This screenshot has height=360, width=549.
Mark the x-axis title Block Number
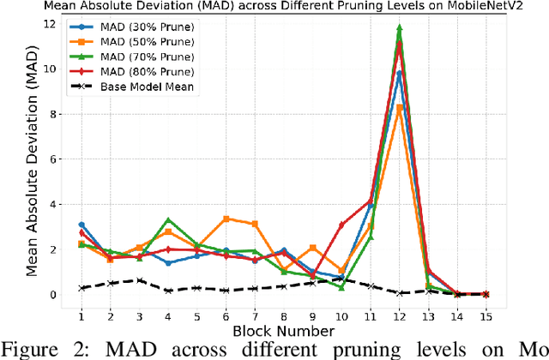(x=283, y=331)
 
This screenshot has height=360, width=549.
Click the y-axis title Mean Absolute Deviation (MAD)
(x=32, y=159)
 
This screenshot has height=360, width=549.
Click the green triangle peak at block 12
(x=399, y=27)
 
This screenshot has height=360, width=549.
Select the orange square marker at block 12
(x=399, y=107)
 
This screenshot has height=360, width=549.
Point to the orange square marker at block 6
(x=226, y=219)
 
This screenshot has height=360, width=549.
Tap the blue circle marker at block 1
(x=81, y=225)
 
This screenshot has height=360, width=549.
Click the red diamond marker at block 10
(x=341, y=225)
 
